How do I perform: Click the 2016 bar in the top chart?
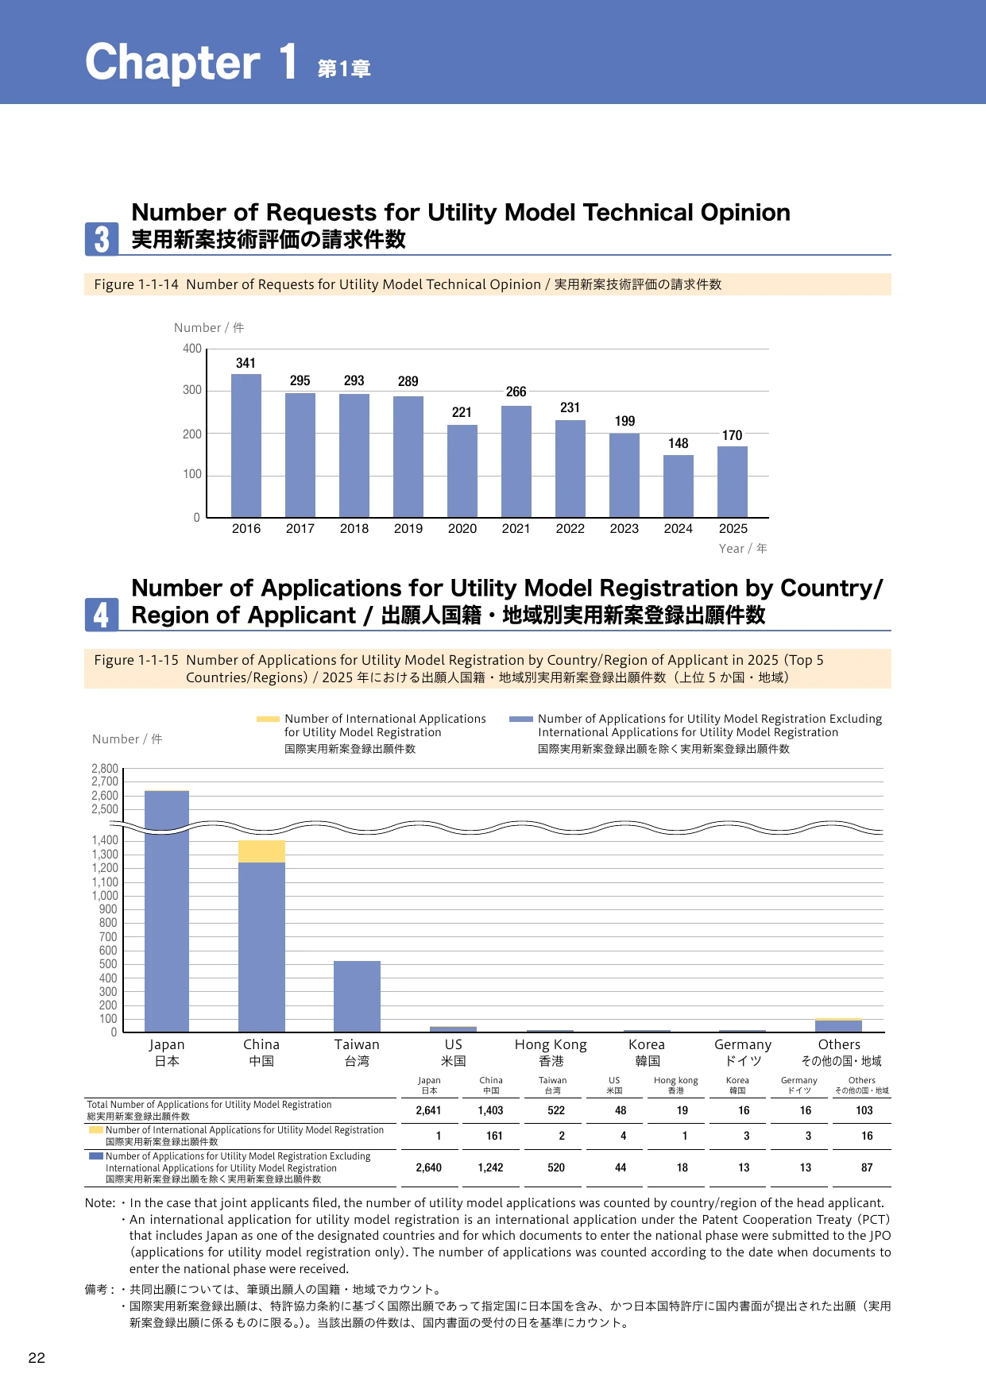(246, 446)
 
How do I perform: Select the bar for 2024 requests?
(679, 486)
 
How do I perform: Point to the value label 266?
(516, 392)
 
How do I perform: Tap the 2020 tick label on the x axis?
(462, 529)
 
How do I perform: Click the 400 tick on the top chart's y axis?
(192, 349)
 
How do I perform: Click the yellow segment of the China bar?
(262, 851)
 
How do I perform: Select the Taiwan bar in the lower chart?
(357, 997)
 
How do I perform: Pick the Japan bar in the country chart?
(167, 912)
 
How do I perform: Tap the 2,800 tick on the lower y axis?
(105, 769)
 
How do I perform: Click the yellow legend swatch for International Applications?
(268, 719)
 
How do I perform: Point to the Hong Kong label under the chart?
(551, 1045)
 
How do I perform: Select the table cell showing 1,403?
(491, 1111)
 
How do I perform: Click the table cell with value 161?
(494, 1136)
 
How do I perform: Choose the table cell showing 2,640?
(429, 1168)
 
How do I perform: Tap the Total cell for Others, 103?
(864, 1111)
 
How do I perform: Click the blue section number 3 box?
(102, 239)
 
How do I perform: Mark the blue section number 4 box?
(102, 615)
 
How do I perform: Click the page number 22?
(37, 1358)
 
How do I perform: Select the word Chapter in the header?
(172, 63)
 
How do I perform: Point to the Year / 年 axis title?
(743, 549)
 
